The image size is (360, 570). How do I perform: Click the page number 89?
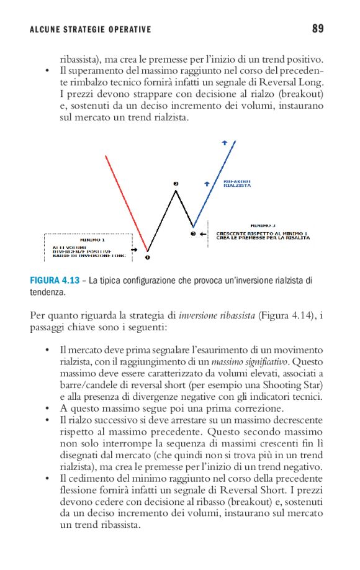pos(317,29)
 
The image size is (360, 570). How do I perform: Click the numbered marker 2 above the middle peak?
pos(176,184)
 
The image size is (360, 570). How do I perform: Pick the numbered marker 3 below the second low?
pos(193,234)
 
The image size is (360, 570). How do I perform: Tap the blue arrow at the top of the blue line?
pos(224,143)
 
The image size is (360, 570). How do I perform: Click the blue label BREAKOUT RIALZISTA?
pos(236,183)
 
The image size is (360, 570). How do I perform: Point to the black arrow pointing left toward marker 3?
pos(204,234)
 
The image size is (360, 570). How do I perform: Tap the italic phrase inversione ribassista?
pos(217,315)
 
